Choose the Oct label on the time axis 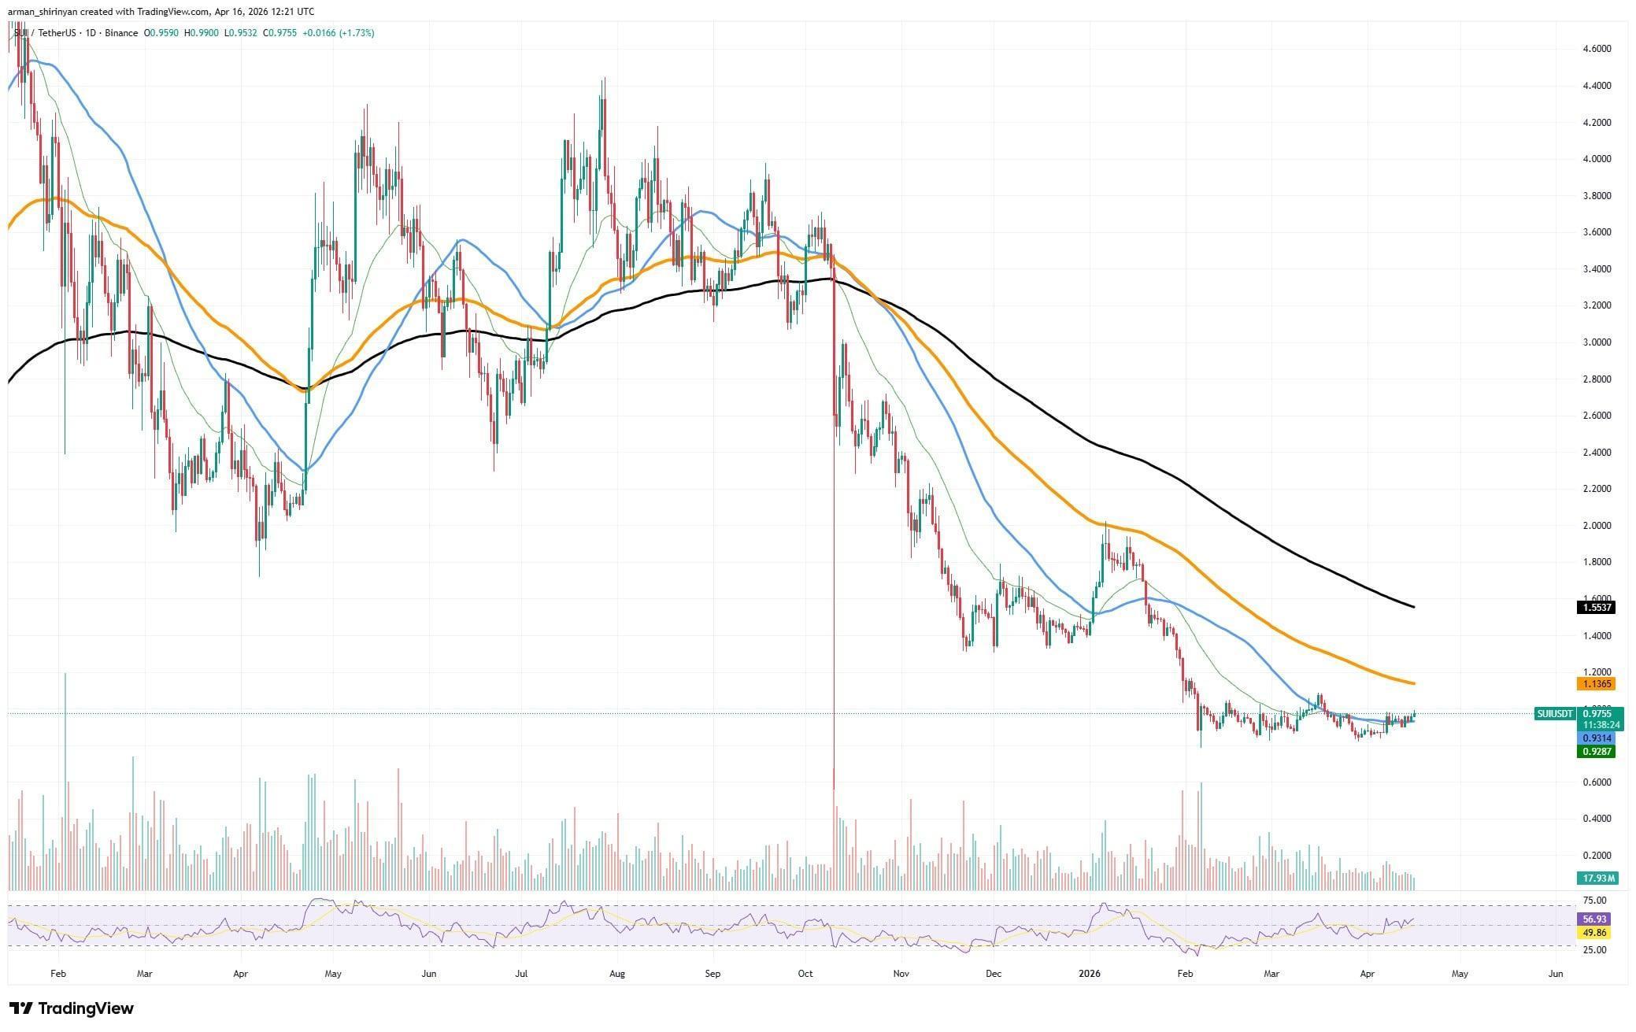805,974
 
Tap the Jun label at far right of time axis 1555,974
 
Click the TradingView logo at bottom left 72,1008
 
